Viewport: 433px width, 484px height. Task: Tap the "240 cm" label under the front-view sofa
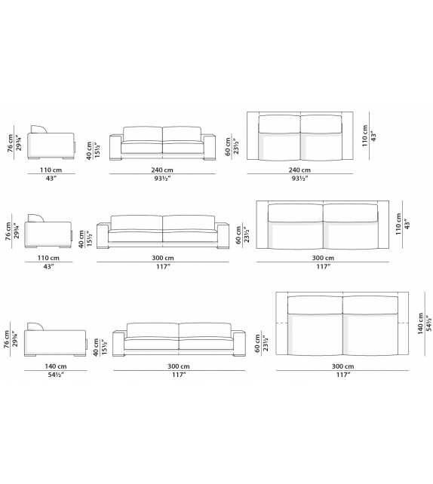coord(164,170)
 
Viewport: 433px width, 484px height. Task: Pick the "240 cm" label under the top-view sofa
coord(300,170)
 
